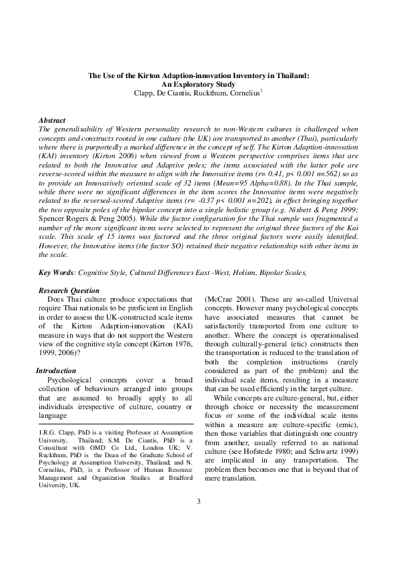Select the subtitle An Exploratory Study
coord(198,85)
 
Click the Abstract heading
coord(52,119)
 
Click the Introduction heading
coord(55,370)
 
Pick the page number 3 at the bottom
coord(198,520)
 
